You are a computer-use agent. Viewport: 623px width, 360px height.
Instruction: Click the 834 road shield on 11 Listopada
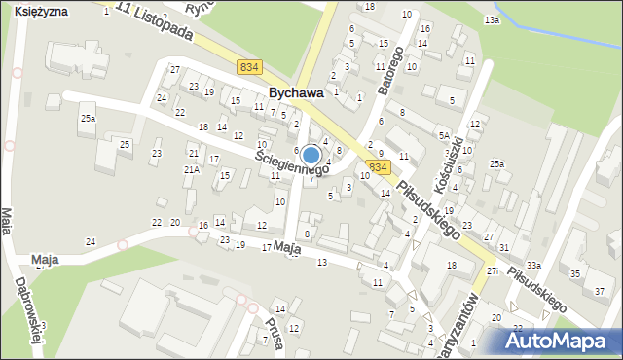coord(249,66)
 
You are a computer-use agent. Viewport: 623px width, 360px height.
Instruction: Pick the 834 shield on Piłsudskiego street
coord(380,167)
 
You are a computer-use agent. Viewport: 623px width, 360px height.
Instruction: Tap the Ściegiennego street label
coord(291,162)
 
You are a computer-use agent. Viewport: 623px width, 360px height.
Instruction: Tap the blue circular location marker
coord(311,155)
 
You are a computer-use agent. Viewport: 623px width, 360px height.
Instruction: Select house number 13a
coord(493,19)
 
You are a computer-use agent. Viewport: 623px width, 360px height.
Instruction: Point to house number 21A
coord(192,169)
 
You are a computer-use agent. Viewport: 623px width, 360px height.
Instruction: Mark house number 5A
coord(444,135)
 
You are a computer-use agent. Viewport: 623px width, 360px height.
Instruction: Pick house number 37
coord(599,291)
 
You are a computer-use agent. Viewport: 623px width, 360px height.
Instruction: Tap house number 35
coord(574,274)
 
